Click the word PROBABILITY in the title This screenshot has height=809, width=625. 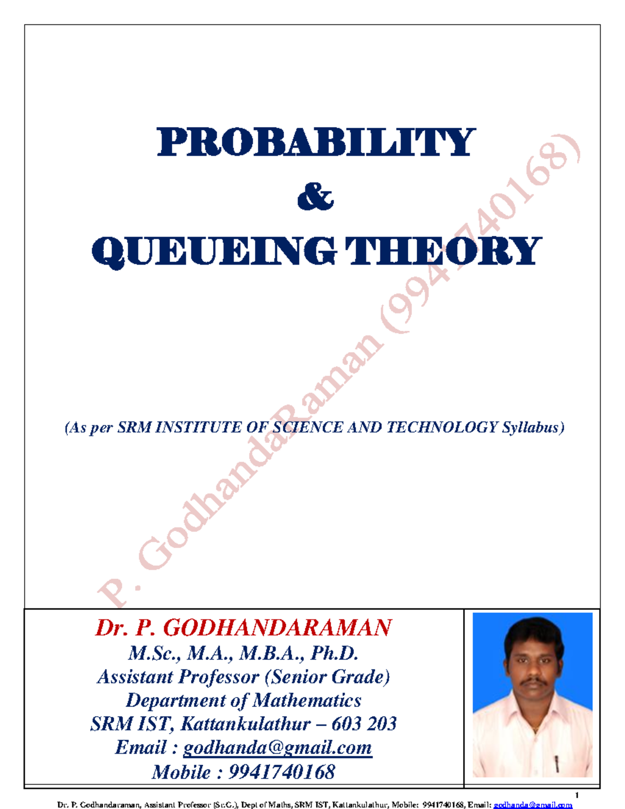316,142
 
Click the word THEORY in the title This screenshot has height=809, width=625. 443,252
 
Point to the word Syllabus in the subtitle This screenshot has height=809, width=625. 533,428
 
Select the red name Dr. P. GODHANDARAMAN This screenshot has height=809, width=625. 243,628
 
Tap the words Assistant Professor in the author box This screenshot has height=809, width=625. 178,677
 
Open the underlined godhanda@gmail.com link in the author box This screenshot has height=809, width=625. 278,748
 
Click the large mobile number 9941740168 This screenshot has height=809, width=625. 282,771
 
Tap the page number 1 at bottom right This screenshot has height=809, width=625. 577,795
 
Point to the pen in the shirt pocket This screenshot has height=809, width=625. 557,764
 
